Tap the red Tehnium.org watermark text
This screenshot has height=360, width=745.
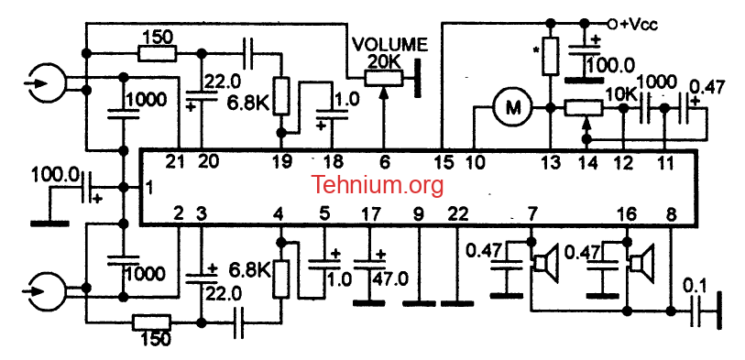pyautogui.click(x=378, y=185)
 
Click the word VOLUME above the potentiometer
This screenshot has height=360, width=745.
pyautogui.click(x=389, y=45)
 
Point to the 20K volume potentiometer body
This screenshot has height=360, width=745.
pyautogui.click(x=384, y=79)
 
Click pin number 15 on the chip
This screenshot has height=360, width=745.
pyautogui.click(x=444, y=163)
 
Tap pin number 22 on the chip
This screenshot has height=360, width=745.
pyautogui.click(x=457, y=215)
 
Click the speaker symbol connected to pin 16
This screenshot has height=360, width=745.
pyautogui.click(x=641, y=261)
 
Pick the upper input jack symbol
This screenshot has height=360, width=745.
pyautogui.click(x=45, y=84)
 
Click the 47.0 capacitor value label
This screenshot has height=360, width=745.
pyautogui.click(x=391, y=278)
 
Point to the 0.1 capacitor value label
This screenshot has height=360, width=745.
pyautogui.click(x=695, y=287)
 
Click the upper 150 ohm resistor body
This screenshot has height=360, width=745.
pyautogui.click(x=158, y=54)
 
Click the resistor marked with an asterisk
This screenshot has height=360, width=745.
pyautogui.click(x=550, y=57)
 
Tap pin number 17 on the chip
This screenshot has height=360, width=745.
pyautogui.click(x=371, y=215)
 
